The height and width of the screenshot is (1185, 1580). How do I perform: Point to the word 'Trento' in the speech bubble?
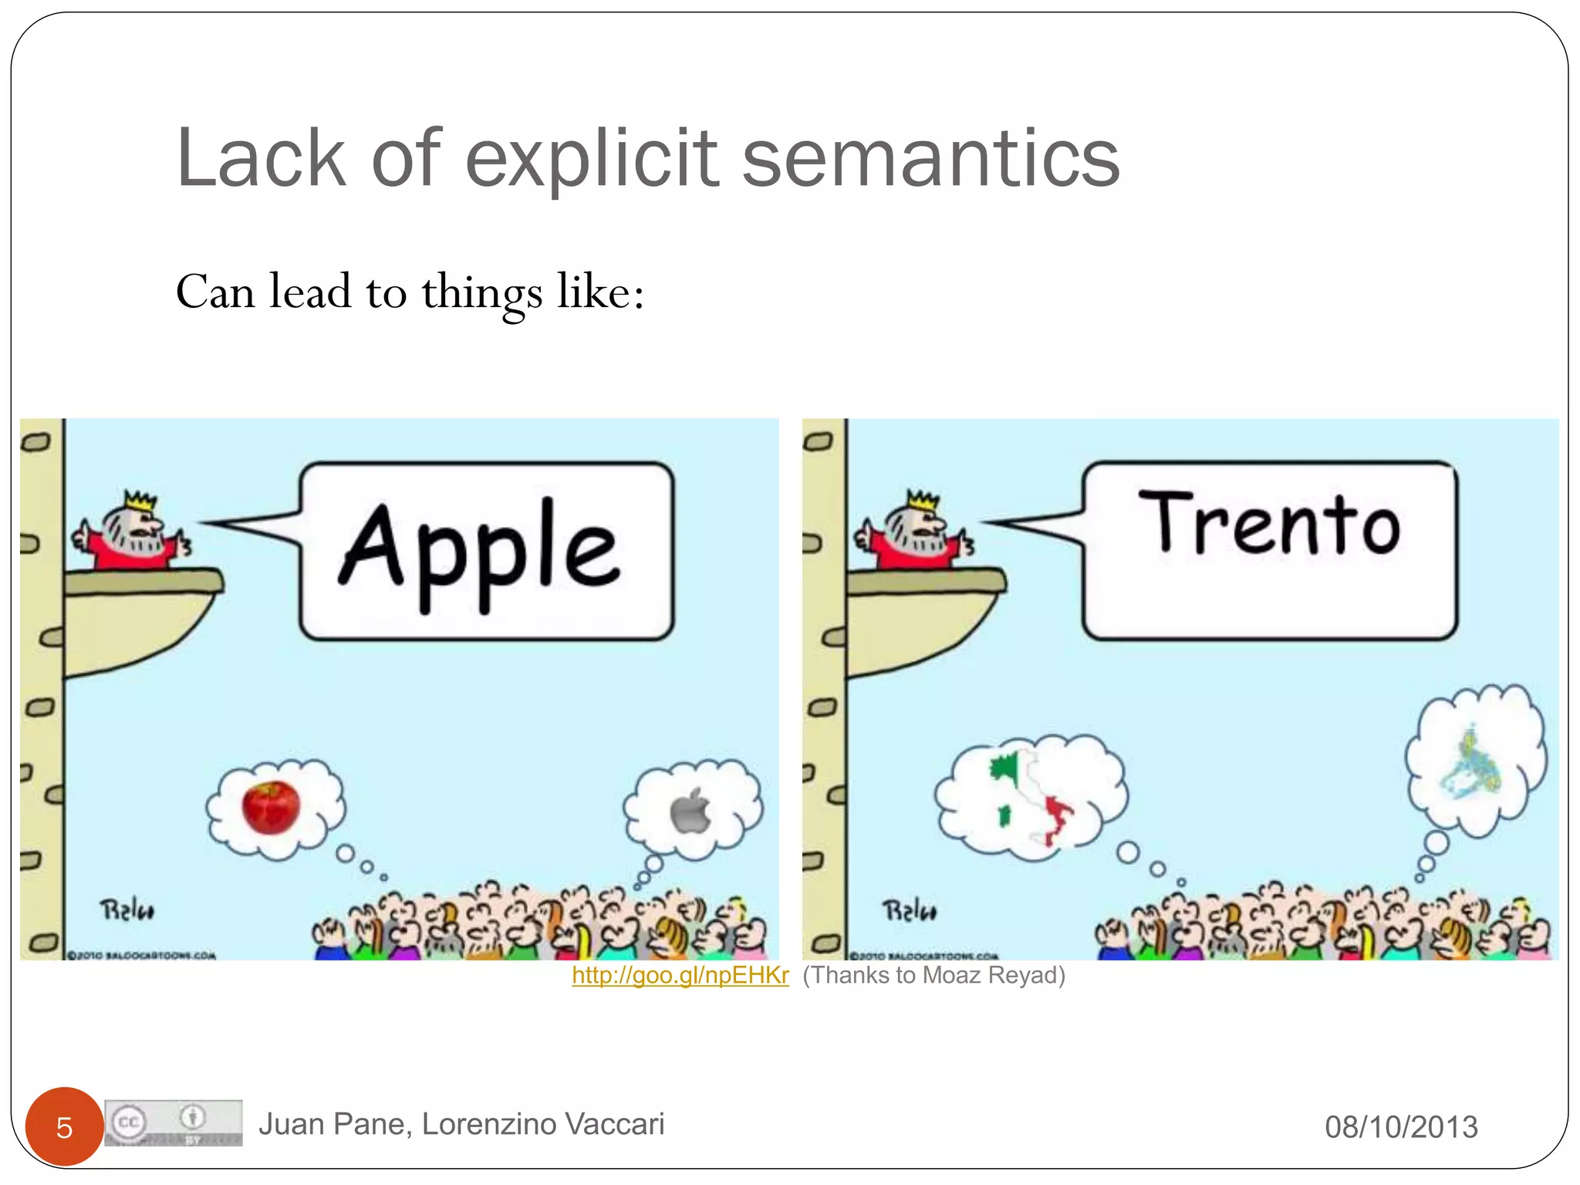(x=1269, y=525)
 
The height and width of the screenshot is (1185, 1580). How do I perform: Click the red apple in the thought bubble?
(x=271, y=807)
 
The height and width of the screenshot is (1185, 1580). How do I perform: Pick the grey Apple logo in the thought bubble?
(x=690, y=811)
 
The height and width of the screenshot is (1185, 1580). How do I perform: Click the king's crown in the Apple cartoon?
(x=140, y=500)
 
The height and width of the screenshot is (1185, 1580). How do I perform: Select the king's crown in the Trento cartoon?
(x=923, y=500)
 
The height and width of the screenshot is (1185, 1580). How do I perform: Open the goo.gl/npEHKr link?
(x=680, y=976)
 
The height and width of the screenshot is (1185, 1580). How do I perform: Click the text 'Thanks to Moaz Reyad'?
(x=933, y=976)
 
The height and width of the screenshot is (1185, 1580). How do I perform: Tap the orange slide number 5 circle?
(x=64, y=1127)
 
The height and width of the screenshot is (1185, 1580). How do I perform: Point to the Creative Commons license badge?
(x=174, y=1123)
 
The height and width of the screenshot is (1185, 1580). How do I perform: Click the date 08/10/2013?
(x=1401, y=1127)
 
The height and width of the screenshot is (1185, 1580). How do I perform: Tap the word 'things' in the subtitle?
(x=481, y=294)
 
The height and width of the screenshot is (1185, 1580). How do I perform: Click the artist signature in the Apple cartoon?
(x=127, y=910)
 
